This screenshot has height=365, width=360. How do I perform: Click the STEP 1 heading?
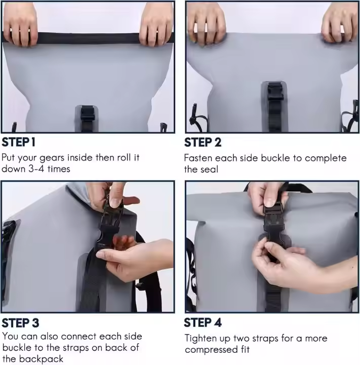(19, 142)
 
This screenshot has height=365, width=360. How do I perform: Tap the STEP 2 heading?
(203, 142)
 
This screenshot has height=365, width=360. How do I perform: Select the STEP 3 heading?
(20, 323)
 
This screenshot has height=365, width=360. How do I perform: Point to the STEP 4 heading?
(203, 322)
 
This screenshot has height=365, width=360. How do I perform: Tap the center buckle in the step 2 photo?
(275, 91)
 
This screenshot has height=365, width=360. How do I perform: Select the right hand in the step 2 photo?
(340, 22)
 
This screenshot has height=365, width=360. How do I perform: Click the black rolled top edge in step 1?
(89, 38)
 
